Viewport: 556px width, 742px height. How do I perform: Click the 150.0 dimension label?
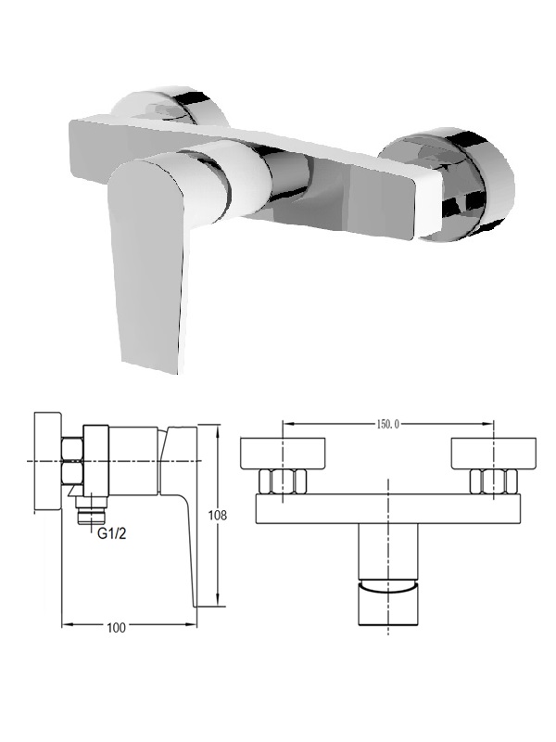tap(387, 424)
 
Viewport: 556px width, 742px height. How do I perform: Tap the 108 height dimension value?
tap(218, 515)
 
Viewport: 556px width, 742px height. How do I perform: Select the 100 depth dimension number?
tap(117, 628)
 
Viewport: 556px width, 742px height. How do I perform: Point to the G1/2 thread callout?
tap(112, 534)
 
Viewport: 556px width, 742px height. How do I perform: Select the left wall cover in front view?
tap(283, 454)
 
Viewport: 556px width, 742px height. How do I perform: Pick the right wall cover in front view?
tap(494, 454)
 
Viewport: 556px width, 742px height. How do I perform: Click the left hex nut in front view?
tap(283, 481)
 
